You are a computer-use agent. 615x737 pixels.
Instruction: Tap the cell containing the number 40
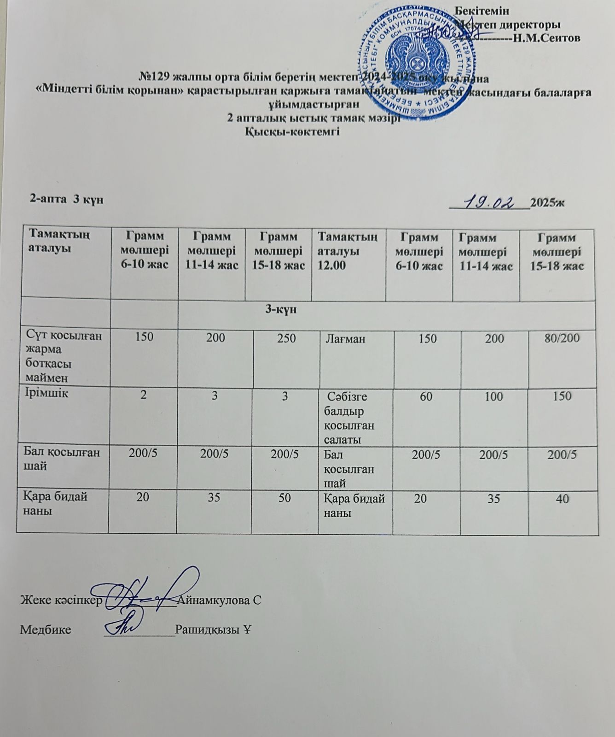pos(562,499)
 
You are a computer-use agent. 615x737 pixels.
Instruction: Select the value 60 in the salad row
pos(426,396)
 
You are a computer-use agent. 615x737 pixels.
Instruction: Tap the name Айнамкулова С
pos(219,600)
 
